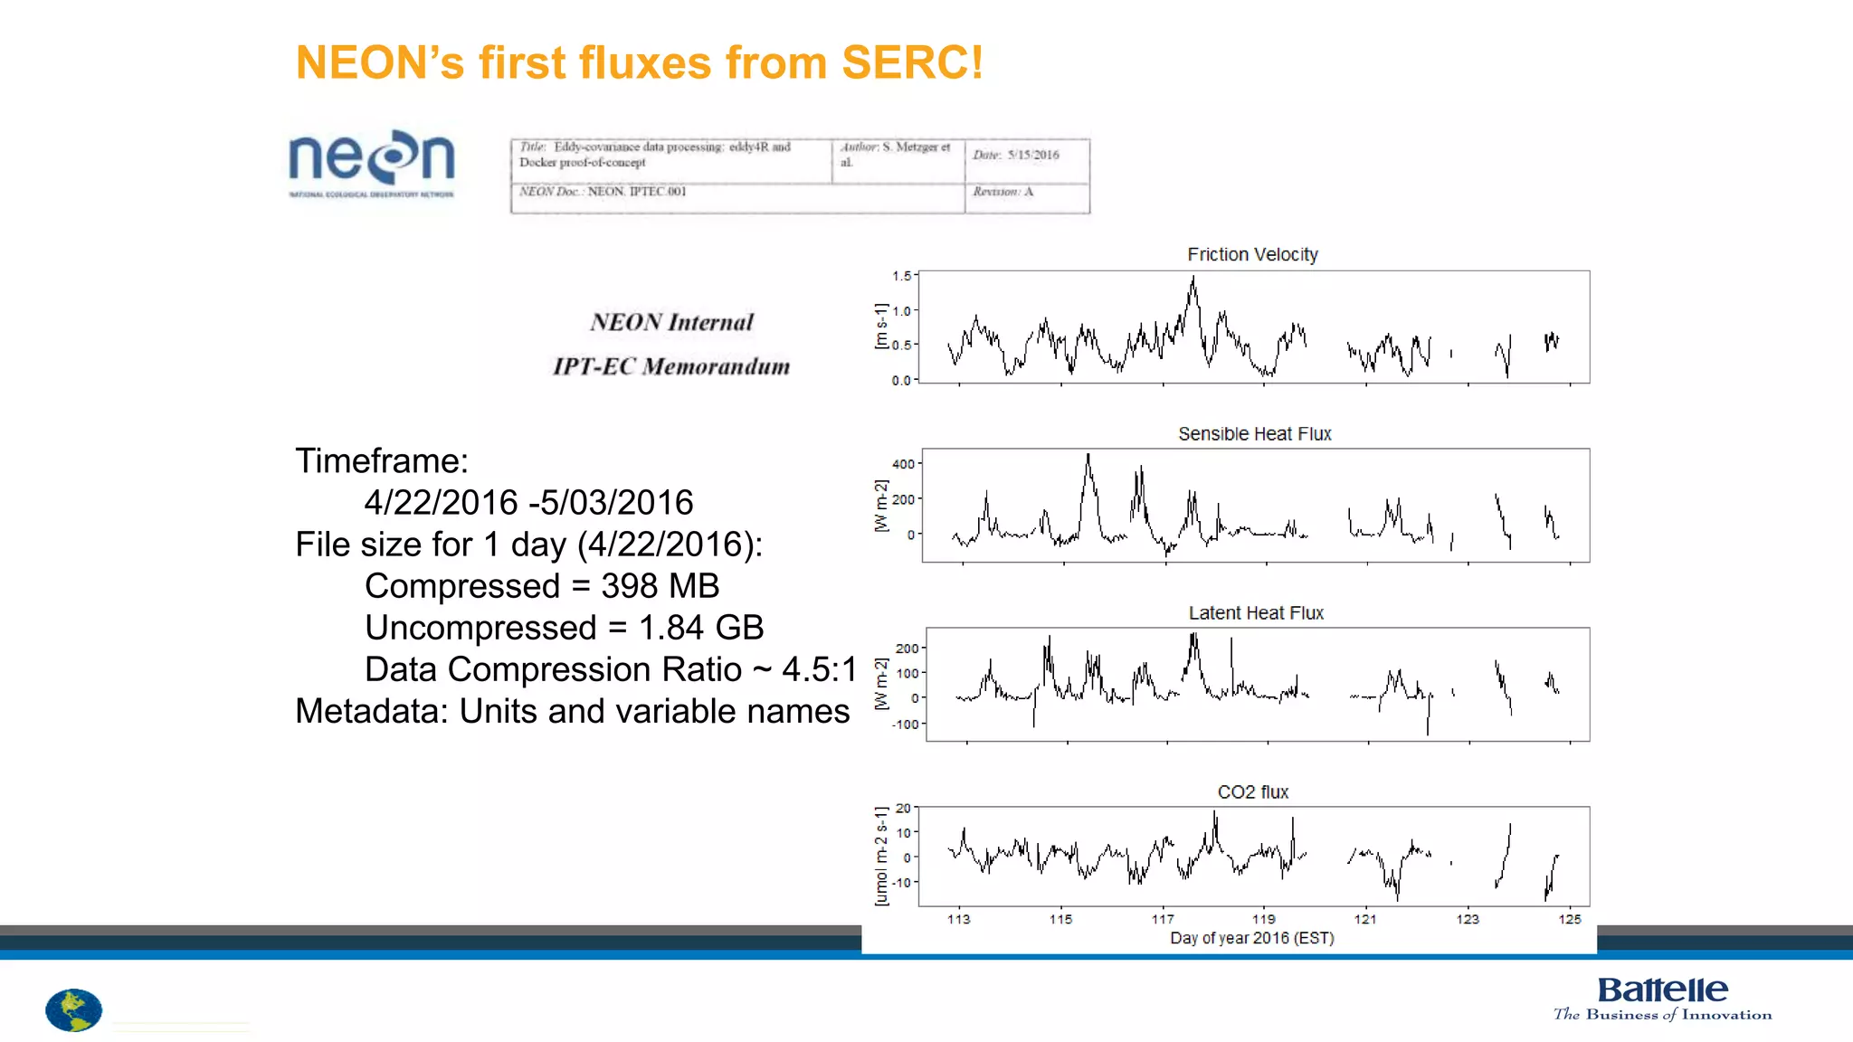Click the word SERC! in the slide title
912,63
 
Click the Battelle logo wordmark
1662,990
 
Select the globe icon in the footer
73,1010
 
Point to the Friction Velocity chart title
1252,255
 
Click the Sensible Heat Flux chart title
1254,434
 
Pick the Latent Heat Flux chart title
1256,613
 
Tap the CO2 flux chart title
1252,792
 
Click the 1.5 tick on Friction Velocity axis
901,276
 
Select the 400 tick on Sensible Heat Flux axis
903,464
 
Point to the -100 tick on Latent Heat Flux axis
906,725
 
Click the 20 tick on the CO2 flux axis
903,809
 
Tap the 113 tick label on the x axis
958,919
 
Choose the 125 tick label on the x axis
1570,919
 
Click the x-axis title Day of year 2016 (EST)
1252,938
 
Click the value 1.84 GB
701,628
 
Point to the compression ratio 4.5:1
819,669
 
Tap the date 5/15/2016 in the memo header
1033,155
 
